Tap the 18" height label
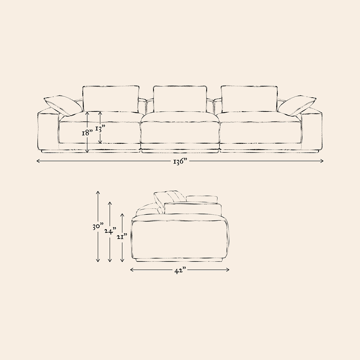pos(87,132)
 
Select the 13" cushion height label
pos(100,129)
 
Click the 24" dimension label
pos(110,231)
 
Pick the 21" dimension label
pos(122,237)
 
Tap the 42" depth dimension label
pos(180,271)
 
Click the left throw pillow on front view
pos(63,106)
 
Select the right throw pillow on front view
pos(297,106)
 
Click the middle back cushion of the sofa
pos(180,99)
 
